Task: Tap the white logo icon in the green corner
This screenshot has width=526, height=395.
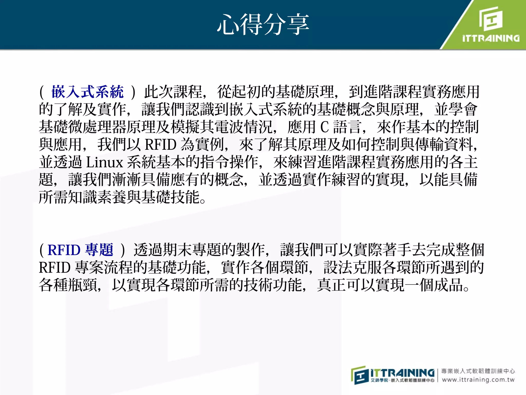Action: tap(491, 19)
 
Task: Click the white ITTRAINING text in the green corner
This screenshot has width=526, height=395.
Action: tap(491, 38)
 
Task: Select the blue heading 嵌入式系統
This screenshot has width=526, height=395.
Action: tap(87, 92)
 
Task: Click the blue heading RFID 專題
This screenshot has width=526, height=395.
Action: tap(80, 250)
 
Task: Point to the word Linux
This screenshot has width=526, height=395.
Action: tap(105, 162)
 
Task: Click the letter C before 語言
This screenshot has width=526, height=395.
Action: tap(324, 127)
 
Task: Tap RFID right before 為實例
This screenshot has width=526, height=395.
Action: tap(161, 145)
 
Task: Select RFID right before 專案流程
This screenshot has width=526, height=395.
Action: tap(54, 267)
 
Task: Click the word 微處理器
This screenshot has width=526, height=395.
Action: tap(97, 127)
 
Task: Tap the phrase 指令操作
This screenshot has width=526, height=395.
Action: tap(229, 162)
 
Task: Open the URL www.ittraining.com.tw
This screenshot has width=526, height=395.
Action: tap(478, 380)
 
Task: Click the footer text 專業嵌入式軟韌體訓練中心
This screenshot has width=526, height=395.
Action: tap(478, 371)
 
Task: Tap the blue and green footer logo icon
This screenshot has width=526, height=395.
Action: tap(359, 375)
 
